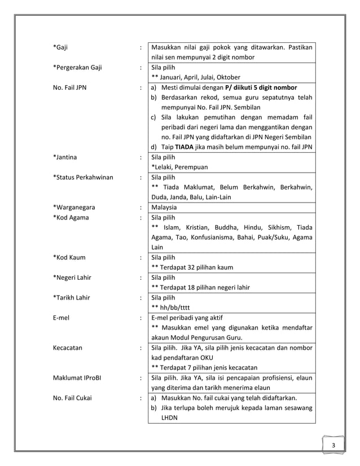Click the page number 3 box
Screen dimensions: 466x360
tap(333, 446)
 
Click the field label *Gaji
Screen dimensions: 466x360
tap(61, 47)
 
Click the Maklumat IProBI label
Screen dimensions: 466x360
tap(76, 378)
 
